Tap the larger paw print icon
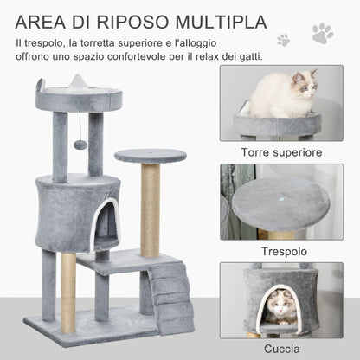322,35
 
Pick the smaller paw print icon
283,40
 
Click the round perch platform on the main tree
150,156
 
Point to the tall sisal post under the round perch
151,210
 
